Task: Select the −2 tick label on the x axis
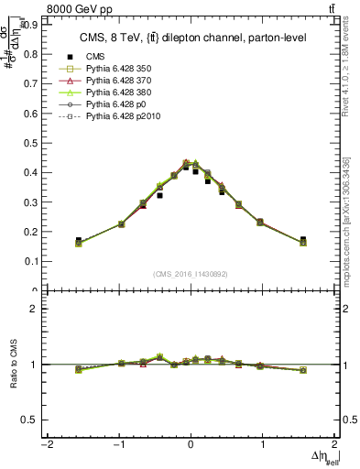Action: (46, 445)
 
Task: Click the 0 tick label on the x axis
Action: (191, 445)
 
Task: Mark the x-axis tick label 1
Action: (263, 445)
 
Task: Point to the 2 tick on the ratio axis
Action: (34, 309)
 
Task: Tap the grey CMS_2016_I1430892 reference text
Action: (191, 274)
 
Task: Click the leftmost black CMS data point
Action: (79, 241)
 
